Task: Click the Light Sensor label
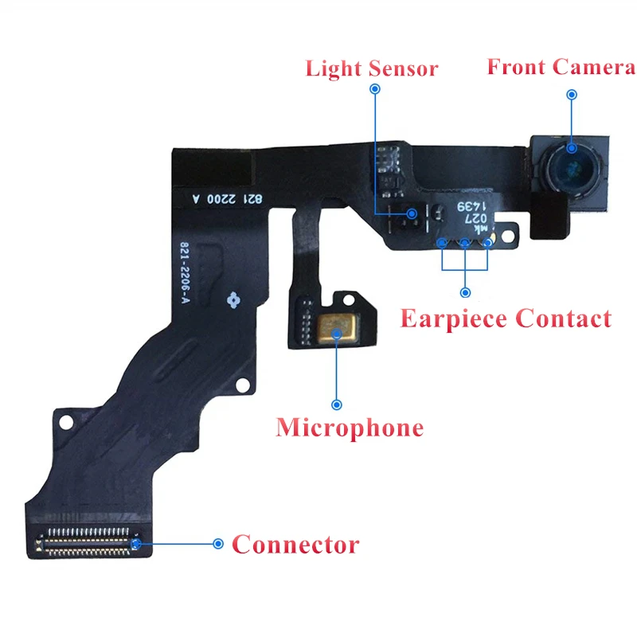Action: [x=372, y=68]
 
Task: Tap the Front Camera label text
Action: [x=561, y=67]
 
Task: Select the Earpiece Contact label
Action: [x=506, y=318]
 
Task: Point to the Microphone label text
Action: [x=350, y=428]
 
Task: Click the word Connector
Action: [x=295, y=545]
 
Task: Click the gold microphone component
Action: [x=337, y=329]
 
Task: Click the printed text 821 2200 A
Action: [x=228, y=198]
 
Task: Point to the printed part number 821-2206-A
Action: [x=185, y=272]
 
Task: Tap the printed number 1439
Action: [x=471, y=206]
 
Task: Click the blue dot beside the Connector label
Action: [x=218, y=544]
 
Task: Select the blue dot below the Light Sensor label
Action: [x=375, y=88]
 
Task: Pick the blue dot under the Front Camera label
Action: [x=572, y=95]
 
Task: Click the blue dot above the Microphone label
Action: [x=336, y=404]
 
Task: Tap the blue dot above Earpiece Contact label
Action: [x=465, y=292]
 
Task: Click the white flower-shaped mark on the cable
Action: [x=233, y=300]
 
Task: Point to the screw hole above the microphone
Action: [x=349, y=300]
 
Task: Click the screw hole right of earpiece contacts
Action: [x=508, y=236]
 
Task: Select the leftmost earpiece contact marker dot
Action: [x=442, y=243]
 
